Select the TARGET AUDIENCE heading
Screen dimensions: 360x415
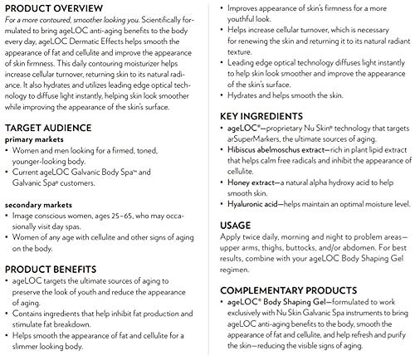53,129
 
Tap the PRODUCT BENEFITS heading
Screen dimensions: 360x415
57,270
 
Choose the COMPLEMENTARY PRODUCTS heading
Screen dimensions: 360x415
291,290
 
